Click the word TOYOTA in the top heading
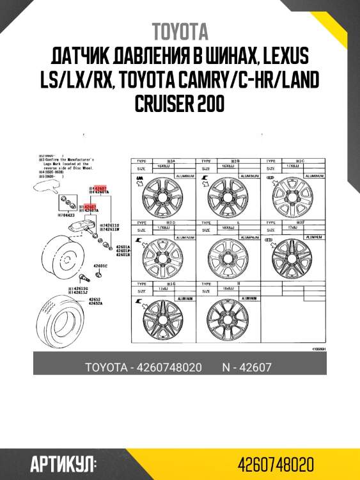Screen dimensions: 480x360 pos(180,31)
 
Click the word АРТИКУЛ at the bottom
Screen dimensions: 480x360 pos(63,463)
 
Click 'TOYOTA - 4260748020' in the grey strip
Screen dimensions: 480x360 pos(143,367)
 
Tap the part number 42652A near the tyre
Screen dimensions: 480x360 pos(97,303)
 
